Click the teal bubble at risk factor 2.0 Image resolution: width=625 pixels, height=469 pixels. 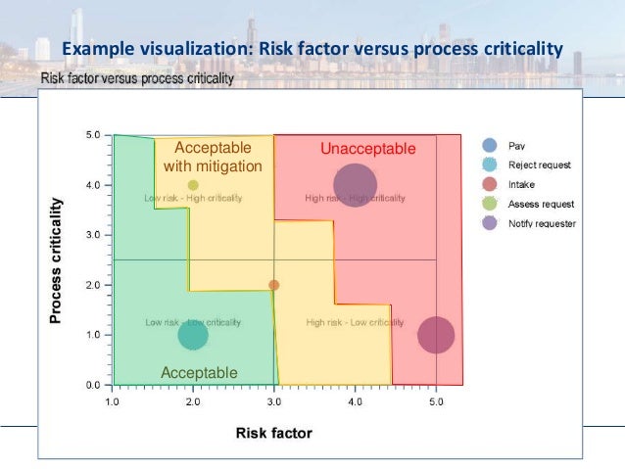point(193,335)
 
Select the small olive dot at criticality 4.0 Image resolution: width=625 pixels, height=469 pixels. point(193,185)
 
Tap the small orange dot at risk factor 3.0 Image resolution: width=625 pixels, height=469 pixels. point(274,285)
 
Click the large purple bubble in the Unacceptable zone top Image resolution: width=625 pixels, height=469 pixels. point(355,185)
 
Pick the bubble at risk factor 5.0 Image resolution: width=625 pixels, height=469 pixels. point(436,335)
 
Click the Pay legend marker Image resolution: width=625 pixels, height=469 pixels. point(490,145)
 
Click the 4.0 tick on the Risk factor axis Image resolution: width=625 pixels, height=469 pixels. point(355,401)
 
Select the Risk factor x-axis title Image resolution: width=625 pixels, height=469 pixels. point(273,432)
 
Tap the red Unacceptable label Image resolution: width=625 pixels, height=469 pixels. point(368,149)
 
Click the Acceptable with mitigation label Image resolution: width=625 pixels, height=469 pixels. point(213,157)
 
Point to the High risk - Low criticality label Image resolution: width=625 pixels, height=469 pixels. point(348,322)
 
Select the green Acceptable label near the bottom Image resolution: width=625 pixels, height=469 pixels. point(199,372)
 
